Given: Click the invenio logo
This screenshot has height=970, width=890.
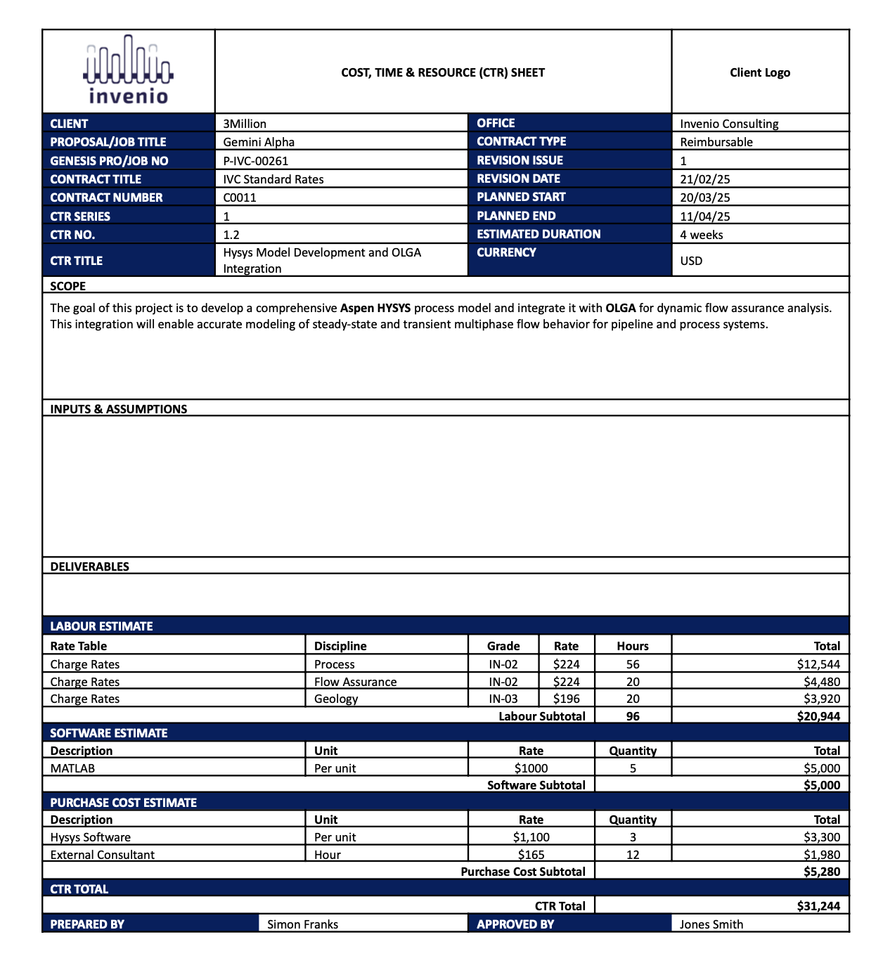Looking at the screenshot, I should point(128,70).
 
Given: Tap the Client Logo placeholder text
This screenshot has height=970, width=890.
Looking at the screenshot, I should point(759,72).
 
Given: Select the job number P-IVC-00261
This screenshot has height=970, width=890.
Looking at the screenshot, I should point(256,161).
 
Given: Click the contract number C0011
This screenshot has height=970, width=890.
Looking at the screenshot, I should point(240,198).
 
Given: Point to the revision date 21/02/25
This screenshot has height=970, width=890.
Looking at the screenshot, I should point(704,179).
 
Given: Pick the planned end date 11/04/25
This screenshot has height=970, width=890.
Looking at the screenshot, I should point(704,216).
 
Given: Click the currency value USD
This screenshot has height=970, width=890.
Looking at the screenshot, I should point(691,261).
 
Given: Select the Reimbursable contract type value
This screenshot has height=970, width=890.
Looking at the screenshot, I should point(716,142).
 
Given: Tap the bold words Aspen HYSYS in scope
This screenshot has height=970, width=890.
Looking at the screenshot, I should point(375,308).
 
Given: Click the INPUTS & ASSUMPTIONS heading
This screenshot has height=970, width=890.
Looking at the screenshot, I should point(118,409).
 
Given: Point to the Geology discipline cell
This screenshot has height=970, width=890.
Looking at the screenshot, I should point(336,699).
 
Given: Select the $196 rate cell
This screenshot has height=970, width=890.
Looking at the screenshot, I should point(566,699).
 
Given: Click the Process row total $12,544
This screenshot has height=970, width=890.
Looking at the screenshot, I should point(818,664).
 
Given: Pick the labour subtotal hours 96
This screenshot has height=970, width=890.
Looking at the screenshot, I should point(633,716).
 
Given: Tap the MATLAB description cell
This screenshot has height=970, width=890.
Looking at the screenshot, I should point(72,768).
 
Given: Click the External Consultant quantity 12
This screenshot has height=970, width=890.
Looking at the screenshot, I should point(633,855).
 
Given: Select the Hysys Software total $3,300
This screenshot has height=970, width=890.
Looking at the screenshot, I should point(821,837).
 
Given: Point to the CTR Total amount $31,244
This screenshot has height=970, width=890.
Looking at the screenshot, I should point(818,906).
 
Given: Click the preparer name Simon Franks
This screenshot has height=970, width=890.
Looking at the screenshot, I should point(302,924).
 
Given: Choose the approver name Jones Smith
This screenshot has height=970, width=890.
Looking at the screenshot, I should point(711,924).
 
